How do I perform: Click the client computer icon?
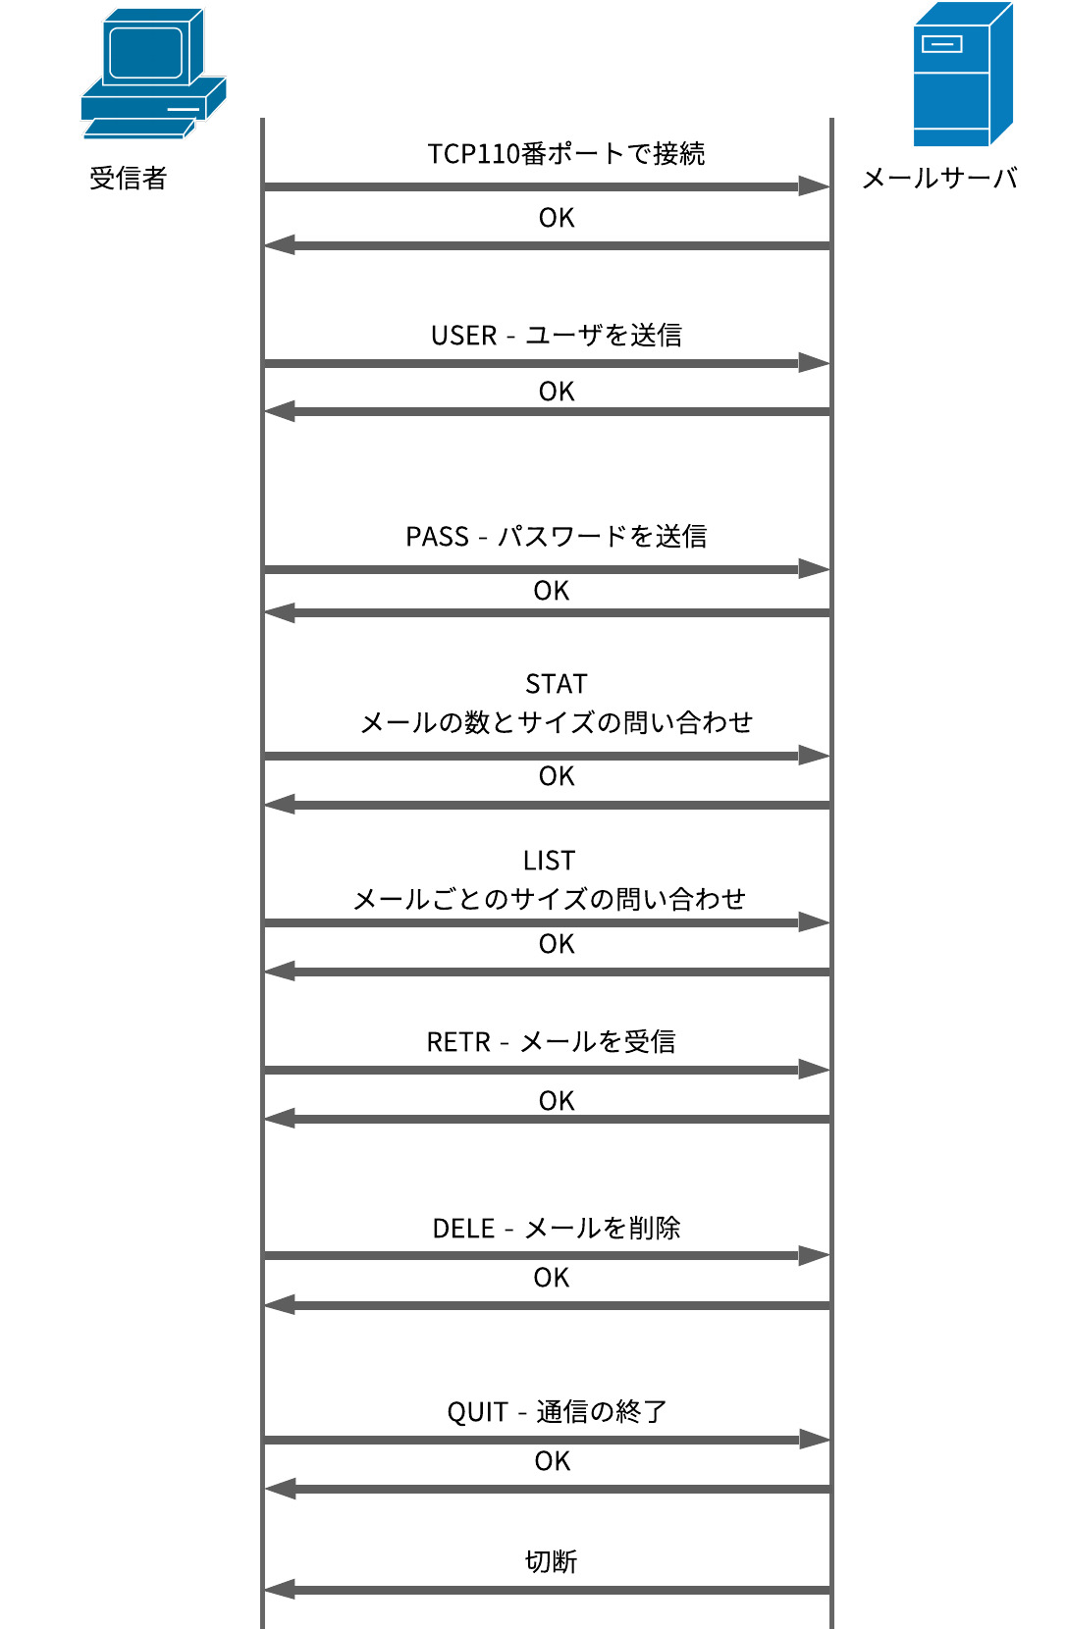pyautogui.click(x=153, y=74)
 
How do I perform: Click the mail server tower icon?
pyautogui.click(x=963, y=75)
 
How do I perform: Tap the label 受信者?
pyautogui.click(x=128, y=179)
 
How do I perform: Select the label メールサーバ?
pyautogui.click(x=939, y=179)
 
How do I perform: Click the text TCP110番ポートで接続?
pyautogui.click(x=566, y=154)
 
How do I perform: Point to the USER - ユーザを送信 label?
pyautogui.click(x=557, y=336)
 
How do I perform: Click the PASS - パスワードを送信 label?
pyautogui.click(x=557, y=537)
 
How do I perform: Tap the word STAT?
pyautogui.click(x=557, y=684)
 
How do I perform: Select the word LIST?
pyautogui.click(x=550, y=861)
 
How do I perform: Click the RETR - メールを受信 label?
pyautogui.click(x=552, y=1042)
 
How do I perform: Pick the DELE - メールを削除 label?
pyautogui.click(x=557, y=1229)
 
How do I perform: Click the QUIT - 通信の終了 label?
pyautogui.click(x=557, y=1412)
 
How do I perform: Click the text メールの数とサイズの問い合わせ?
pyautogui.click(x=557, y=723)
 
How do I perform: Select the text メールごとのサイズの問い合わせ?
pyautogui.click(x=550, y=900)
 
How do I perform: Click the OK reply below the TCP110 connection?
pyautogui.click(x=557, y=218)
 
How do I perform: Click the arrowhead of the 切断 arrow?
pyautogui.click(x=280, y=1590)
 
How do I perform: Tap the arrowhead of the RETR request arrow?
pyautogui.click(x=815, y=1070)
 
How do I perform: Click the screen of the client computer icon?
pyautogui.click(x=145, y=52)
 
